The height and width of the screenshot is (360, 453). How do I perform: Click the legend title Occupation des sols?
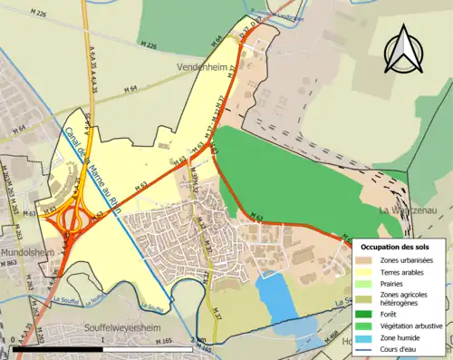(395, 247)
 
